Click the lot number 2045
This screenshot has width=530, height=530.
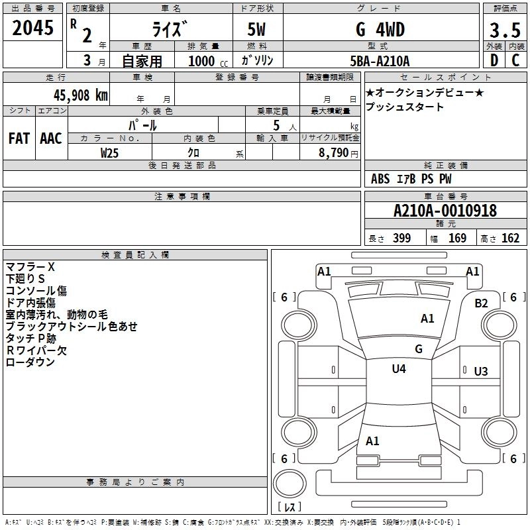click(x=32, y=28)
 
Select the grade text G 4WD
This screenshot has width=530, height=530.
click(x=380, y=30)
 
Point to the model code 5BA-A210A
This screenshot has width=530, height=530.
click(x=380, y=61)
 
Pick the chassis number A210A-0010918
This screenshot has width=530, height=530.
click(x=445, y=211)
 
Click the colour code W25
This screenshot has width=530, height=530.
click(x=110, y=152)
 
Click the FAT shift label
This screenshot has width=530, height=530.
click(x=19, y=138)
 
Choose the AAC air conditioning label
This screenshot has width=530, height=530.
click(x=51, y=138)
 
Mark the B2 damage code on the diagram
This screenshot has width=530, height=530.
click(x=481, y=303)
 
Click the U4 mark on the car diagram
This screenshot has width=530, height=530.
click(x=398, y=368)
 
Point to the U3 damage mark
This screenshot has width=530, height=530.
click(x=481, y=371)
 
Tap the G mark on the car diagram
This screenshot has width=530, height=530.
click(x=418, y=348)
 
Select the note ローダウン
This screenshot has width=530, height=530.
click(x=30, y=362)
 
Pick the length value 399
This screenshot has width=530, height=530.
click(x=401, y=238)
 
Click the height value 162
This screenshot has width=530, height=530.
click(x=510, y=238)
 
